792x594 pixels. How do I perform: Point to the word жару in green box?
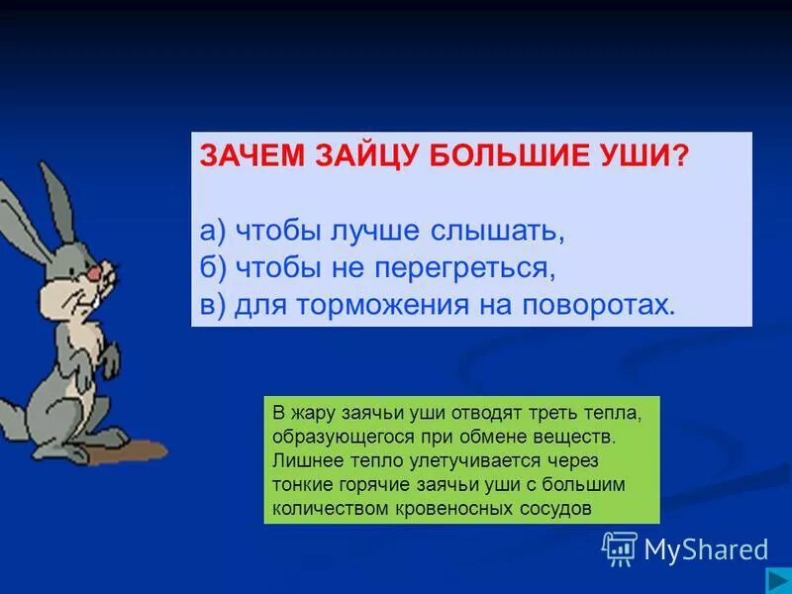point(309,412)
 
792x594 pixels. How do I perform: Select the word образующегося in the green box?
point(331,436)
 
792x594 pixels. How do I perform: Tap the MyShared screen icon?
point(620,547)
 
